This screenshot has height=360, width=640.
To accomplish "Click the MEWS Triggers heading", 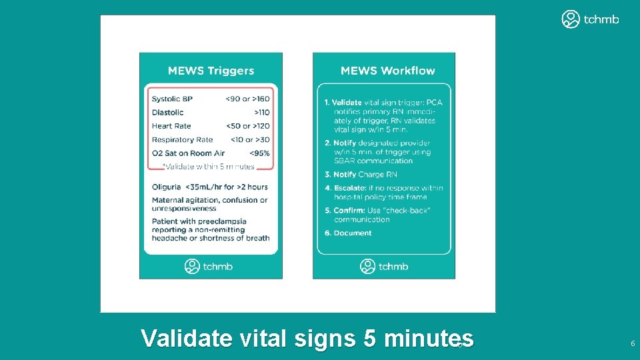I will click(211, 71).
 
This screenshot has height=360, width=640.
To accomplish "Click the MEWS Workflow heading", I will click(387, 71).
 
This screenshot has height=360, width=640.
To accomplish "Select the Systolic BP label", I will click(171, 99).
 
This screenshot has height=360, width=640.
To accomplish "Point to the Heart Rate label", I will click(171, 126).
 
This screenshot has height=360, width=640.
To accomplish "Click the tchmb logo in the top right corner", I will click(590, 19).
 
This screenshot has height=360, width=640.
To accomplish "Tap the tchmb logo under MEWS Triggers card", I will click(209, 267).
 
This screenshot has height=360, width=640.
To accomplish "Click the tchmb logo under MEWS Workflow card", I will click(385, 267).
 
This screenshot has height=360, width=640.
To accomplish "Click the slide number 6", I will click(632, 343).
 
